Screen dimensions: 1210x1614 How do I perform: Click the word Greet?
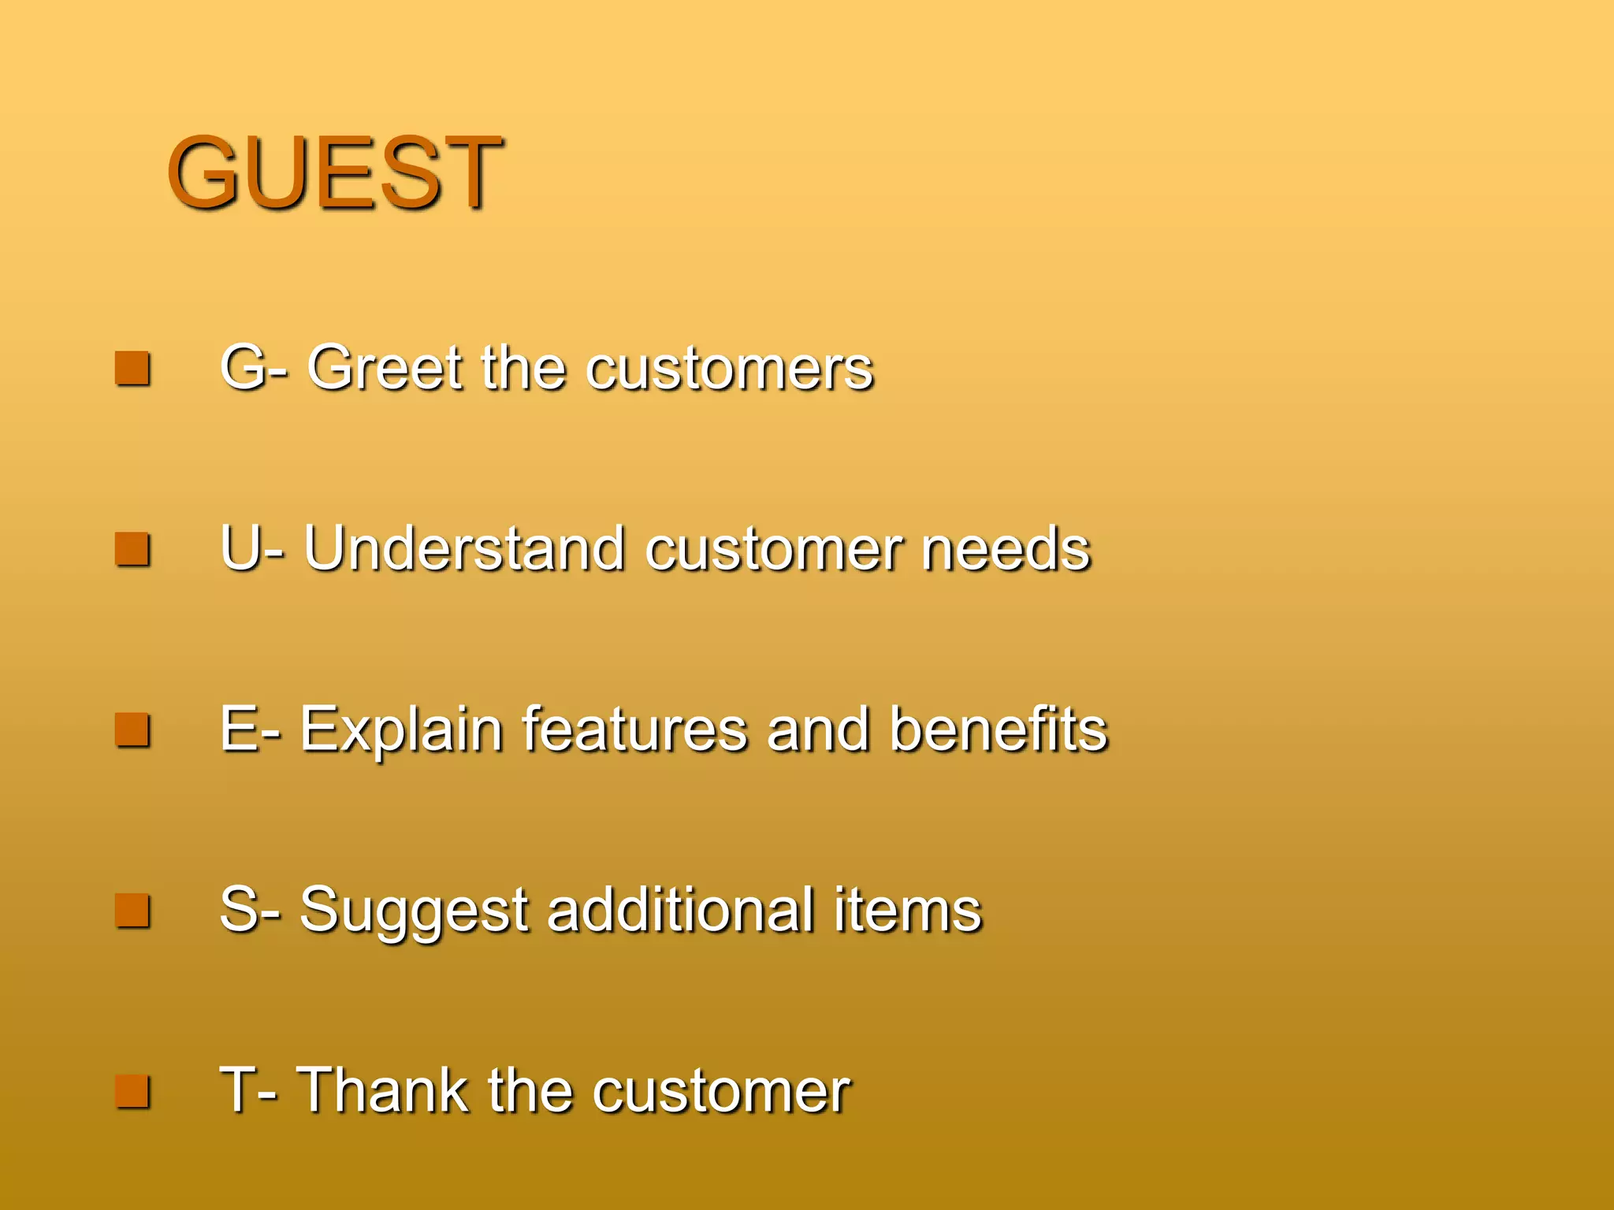pos(385,368)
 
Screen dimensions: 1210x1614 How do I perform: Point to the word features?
pos(634,729)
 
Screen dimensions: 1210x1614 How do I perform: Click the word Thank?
pos(382,1090)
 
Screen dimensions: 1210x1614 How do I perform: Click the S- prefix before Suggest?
pos(249,910)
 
